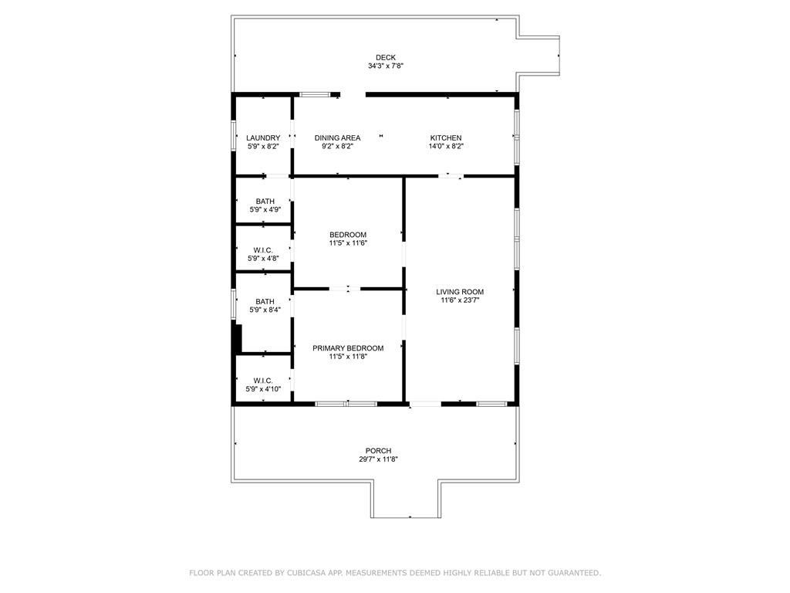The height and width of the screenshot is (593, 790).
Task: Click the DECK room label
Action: tap(386, 57)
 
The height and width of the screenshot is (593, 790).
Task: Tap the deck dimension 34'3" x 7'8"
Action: tap(386, 66)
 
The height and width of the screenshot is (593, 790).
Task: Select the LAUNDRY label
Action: tap(263, 138)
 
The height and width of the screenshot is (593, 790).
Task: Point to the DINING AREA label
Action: tap(337, 138)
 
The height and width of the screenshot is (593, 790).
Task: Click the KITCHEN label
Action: tap(446, 138)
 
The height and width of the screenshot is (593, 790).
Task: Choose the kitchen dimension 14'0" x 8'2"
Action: tap(446, 147)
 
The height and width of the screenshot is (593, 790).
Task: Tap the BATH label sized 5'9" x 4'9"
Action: tap(265, 202)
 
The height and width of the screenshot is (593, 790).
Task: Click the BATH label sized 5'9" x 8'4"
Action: tap(265, 302)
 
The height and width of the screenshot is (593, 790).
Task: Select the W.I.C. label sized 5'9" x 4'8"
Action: tap(263, 250)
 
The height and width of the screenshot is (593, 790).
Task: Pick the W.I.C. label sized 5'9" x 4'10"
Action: tap(263, 381)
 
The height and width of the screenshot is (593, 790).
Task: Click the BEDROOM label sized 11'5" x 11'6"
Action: tap(348, 235)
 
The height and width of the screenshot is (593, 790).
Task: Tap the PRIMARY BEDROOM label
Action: tap(348, 348)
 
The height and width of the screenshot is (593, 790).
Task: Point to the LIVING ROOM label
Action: tap(460, 292)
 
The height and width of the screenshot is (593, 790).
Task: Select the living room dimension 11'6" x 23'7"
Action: tap(460, 301)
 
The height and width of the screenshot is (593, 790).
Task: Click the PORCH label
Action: tap(378, 451)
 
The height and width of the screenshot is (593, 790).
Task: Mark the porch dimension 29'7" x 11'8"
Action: tap(378, 459)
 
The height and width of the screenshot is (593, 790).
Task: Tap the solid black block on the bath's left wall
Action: tap(238, 338)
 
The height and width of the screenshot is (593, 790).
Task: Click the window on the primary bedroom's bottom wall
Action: tap(346, 404)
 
